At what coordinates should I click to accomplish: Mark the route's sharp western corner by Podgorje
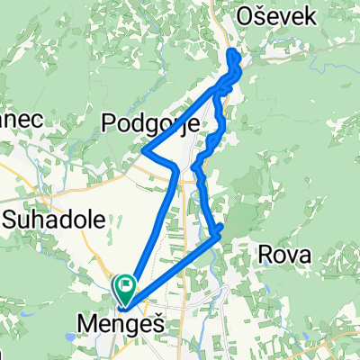tap(145, 151)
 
